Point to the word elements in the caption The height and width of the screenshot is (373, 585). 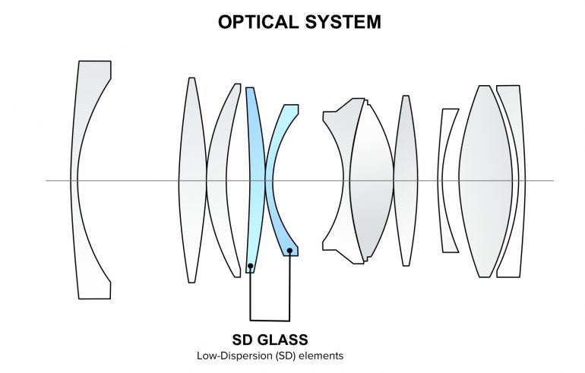pyautogui.click(x=324, y=354)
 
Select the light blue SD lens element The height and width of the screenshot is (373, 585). pyautogui.click(x=253, y=152)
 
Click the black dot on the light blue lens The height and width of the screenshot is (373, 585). pyautogui.click(x=251, y=267)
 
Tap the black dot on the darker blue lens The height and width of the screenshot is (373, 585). pyautogui.click(x=290, y=250)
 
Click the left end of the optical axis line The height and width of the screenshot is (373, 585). pyautogui.click(x=47, y=181)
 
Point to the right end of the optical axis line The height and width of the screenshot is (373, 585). pyautogui.click(x=552, y=181)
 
